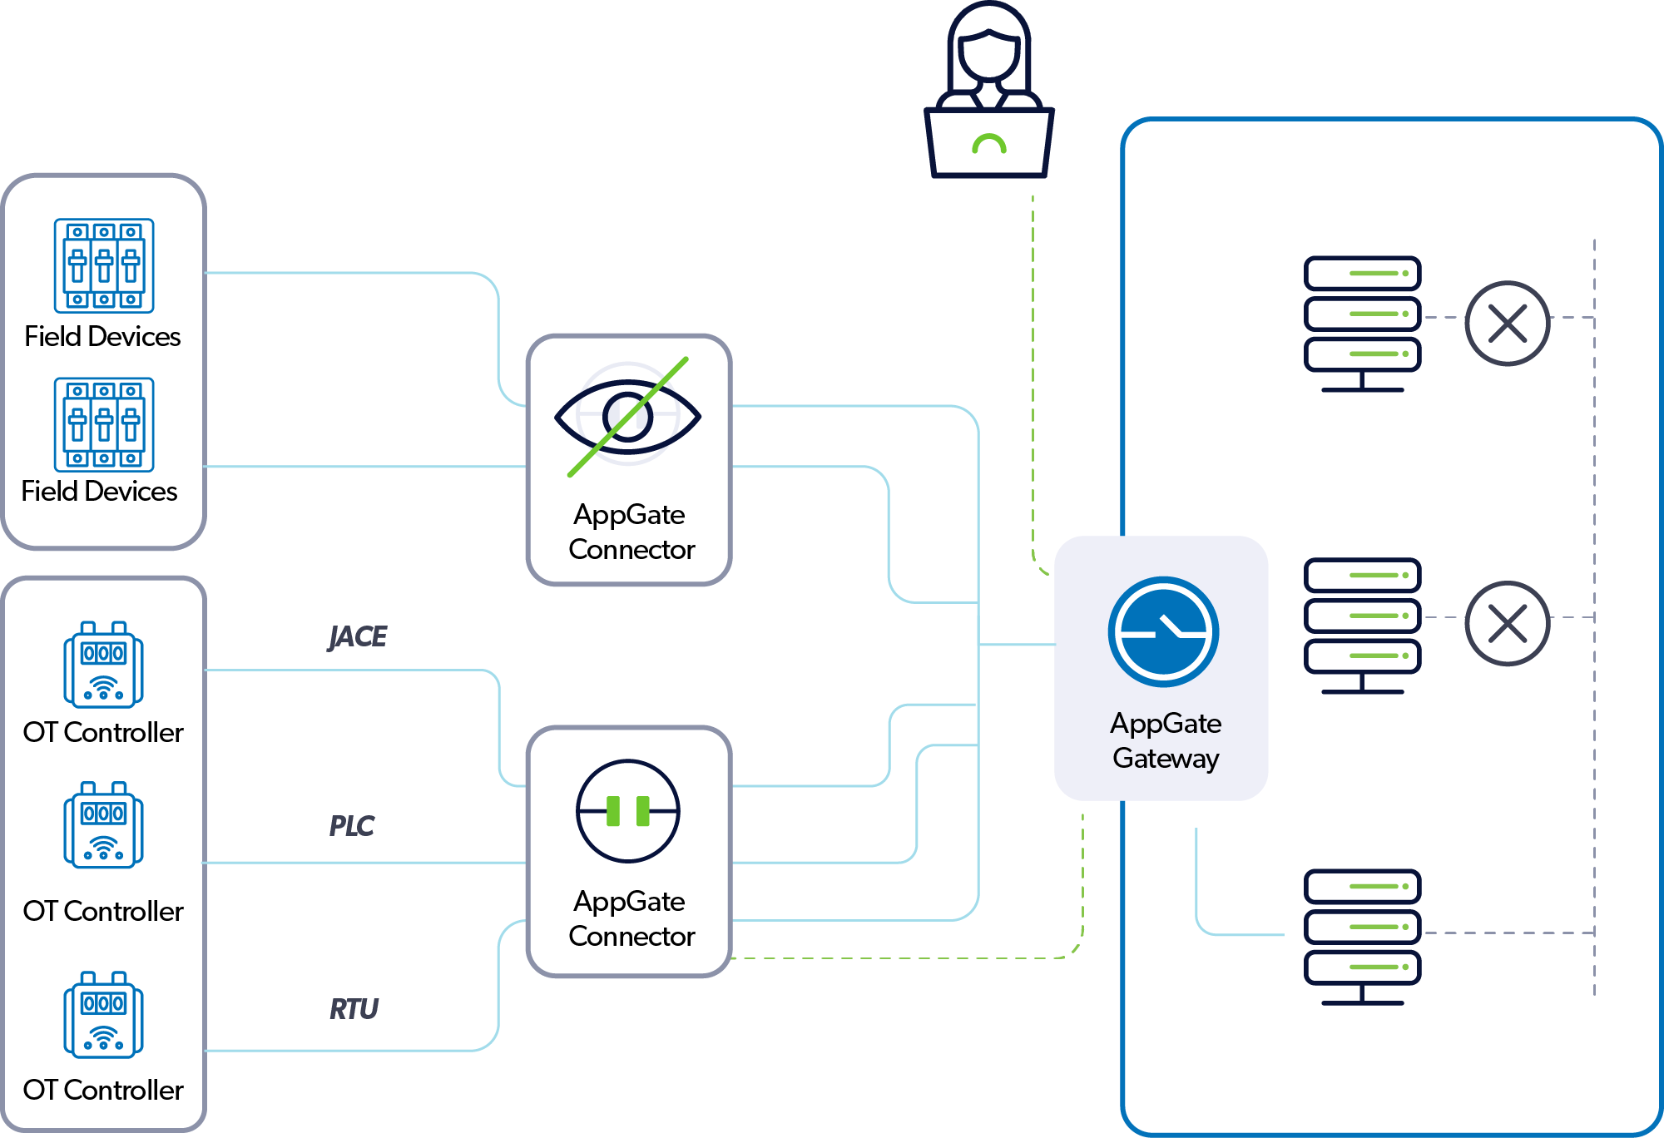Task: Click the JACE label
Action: coord(358,636)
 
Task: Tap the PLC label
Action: coord(352,825)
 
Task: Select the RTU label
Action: coord(354,1009)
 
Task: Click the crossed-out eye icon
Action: coord(628,416)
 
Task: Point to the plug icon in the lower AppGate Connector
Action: coord(628,811)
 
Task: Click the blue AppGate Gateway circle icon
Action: coord(1163,632)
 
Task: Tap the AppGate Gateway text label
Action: coord(1166,740)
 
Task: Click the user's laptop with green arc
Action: coord(989,143)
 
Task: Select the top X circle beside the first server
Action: coord(1507,324)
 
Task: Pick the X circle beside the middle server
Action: coord(1507,623)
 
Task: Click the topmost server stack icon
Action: coord(1362,323)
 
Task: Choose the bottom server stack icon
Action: coord(1362,936)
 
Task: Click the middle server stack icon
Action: coord(1362,624)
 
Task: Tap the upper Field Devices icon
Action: coord(104,265)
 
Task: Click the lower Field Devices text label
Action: coord(99,491)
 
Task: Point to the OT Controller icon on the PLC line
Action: coord(103,825)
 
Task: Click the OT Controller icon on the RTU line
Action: coord(103,1015)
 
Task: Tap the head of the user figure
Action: coord(988,50)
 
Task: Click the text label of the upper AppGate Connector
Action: coord(631,532)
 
